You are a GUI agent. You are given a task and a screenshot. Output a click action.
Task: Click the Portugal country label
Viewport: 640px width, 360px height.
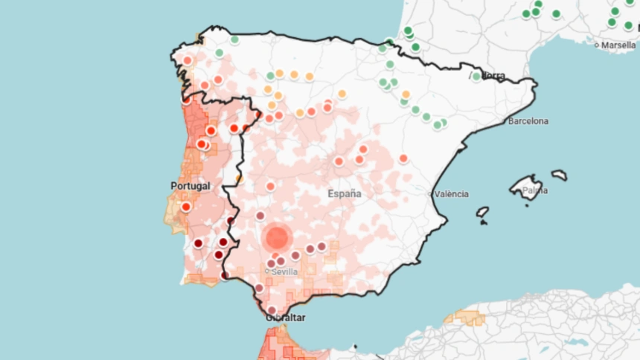pyautogui.click(x=191, y=186)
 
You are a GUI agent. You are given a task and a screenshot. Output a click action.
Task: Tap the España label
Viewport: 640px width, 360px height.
pyautogui.click(x=345, y=193)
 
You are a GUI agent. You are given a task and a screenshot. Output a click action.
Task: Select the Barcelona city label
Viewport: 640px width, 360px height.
pyautogui.click(x=528, y=120)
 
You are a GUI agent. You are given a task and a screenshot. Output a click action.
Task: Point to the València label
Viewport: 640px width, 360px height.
pyautogui.click(x=452, y=194)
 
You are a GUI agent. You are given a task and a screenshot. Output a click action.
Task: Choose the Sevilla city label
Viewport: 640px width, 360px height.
pyautogui.click(x=285, y=272)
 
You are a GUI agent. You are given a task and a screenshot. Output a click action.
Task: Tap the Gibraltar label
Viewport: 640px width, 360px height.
pyautogui.click(x=286, y=318)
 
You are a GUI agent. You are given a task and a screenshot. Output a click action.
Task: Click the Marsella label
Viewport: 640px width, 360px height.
pyautogui.click(x=618, y=45)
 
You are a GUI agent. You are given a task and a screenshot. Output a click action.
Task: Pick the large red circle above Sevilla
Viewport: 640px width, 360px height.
pyautogui.click(x=277, y=238)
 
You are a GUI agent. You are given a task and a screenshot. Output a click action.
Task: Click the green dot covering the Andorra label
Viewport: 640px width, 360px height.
pyautogui.click(x=476, y=76)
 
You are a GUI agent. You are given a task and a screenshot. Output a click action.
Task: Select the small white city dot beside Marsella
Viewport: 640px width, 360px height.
pyautogui.click(x=597, y=45)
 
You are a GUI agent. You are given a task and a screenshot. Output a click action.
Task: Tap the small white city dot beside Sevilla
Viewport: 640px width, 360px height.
pyautogui.click(x=267, y=271)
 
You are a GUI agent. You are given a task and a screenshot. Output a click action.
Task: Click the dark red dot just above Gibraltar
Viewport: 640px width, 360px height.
pyautogui.click(x=272, y=309)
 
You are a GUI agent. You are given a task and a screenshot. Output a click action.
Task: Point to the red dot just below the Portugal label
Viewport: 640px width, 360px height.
pyautogui.click(x=185, y=207)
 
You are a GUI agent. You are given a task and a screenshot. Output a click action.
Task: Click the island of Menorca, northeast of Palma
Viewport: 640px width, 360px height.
pyautogui.click(x=559, y=176)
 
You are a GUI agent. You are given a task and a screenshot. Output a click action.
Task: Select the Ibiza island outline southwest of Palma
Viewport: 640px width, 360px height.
pyautogui.click(x=483, y=212)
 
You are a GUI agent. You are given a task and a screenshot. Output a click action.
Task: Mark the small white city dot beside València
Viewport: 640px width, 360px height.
pyautogui.click(x=429, y=194)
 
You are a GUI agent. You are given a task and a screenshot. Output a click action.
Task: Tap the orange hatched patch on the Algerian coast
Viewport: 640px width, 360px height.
pyautogui.click(x=464, y=318)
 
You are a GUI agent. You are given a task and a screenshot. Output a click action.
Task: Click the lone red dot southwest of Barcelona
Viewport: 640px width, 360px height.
pyautogui.click(x=403, y=158)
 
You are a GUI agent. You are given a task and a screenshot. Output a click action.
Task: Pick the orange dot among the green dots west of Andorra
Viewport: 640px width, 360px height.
pyautogui.click(x=406, y=94)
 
